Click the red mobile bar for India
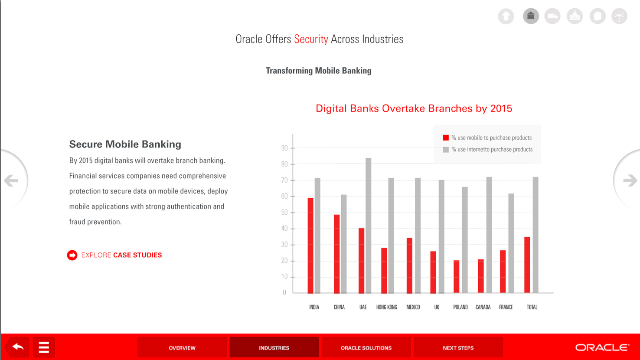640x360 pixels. point(310,245)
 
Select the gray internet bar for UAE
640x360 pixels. point(368,226)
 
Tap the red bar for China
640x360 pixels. point(336,254)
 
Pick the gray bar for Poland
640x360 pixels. point(464,240)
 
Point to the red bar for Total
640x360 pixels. point(527,265)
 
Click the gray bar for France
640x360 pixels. point(511,243)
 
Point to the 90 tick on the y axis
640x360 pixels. point(284,148)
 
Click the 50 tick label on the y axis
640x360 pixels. point(284,212)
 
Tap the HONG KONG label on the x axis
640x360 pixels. point(387,307)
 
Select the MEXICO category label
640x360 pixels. point(413,307)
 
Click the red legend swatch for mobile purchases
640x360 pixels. point(446,138)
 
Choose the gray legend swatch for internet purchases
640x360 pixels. point(446,150)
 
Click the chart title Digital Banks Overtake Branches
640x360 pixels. point(414,108)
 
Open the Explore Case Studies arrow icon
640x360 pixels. point(72,255)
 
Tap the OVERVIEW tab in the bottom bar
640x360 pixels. point(182,347)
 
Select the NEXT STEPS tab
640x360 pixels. point(458,347)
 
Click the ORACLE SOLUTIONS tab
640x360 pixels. point(366,347)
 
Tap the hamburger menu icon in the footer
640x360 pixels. point(44,347)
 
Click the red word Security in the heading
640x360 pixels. point(311,39)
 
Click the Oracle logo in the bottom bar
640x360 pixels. point(602,347)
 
